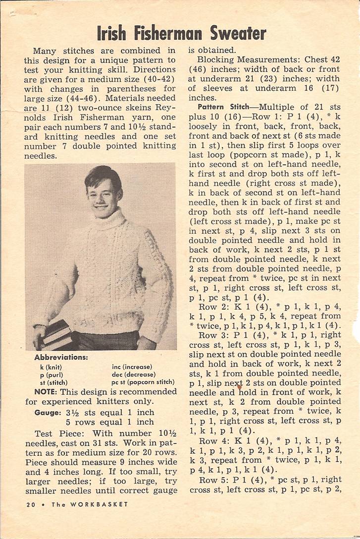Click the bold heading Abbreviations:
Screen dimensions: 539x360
pos(61,357)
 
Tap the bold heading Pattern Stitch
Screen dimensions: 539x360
pos(223,107)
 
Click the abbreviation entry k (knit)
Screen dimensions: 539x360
pos(52,367)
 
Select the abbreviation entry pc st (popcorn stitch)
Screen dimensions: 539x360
pos(143,382)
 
